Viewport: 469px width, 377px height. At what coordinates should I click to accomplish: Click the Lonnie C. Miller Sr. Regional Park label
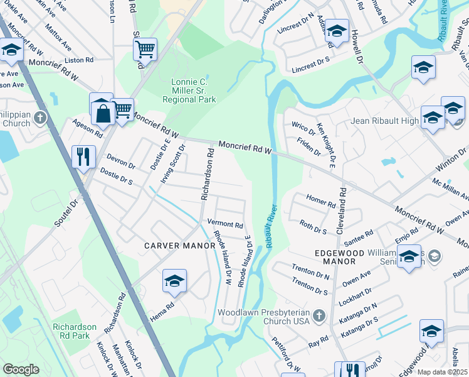pyautogui.click(x=189, y=91)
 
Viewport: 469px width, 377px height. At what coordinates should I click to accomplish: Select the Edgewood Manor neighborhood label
pyautogui.click(x=335, y=256)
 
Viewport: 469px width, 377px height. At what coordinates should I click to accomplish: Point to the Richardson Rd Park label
pyautogui.click(x=75, y=331)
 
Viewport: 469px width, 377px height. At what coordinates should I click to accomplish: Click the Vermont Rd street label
pyautogui.click(x=225, y=224)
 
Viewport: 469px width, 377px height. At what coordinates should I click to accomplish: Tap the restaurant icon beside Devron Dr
pyautogui.click(x=83, y=156)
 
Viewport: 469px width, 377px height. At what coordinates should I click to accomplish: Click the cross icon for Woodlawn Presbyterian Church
pyautogui.click(x=319, y=315)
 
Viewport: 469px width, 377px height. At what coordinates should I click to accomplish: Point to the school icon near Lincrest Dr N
pyautogui.click(x=337, y=32)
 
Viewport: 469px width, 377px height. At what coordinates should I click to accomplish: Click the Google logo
pyautogui.click(x=21, y=369)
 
